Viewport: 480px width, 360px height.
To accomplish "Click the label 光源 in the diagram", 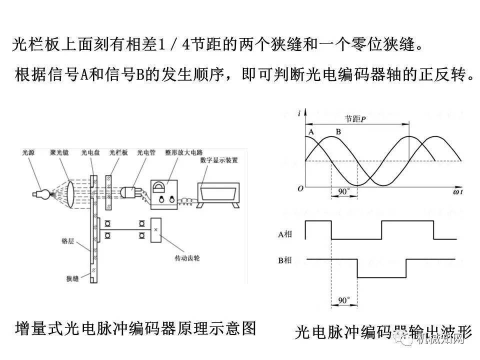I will point(28,153).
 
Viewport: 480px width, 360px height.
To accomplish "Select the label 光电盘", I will point(89,153).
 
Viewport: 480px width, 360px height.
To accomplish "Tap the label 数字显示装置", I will point(218,160).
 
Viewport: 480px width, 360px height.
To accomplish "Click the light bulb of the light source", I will point(43,195).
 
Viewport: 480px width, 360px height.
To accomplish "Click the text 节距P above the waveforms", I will point(354,119).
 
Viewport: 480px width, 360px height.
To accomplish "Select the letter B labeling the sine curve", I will point(338,131).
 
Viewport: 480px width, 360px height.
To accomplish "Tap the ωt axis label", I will point(457,191).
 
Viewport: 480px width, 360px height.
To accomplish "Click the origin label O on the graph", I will point(300,188).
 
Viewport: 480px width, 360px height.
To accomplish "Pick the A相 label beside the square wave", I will point(285,233).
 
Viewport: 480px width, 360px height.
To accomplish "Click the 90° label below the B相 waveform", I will point(343,300).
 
